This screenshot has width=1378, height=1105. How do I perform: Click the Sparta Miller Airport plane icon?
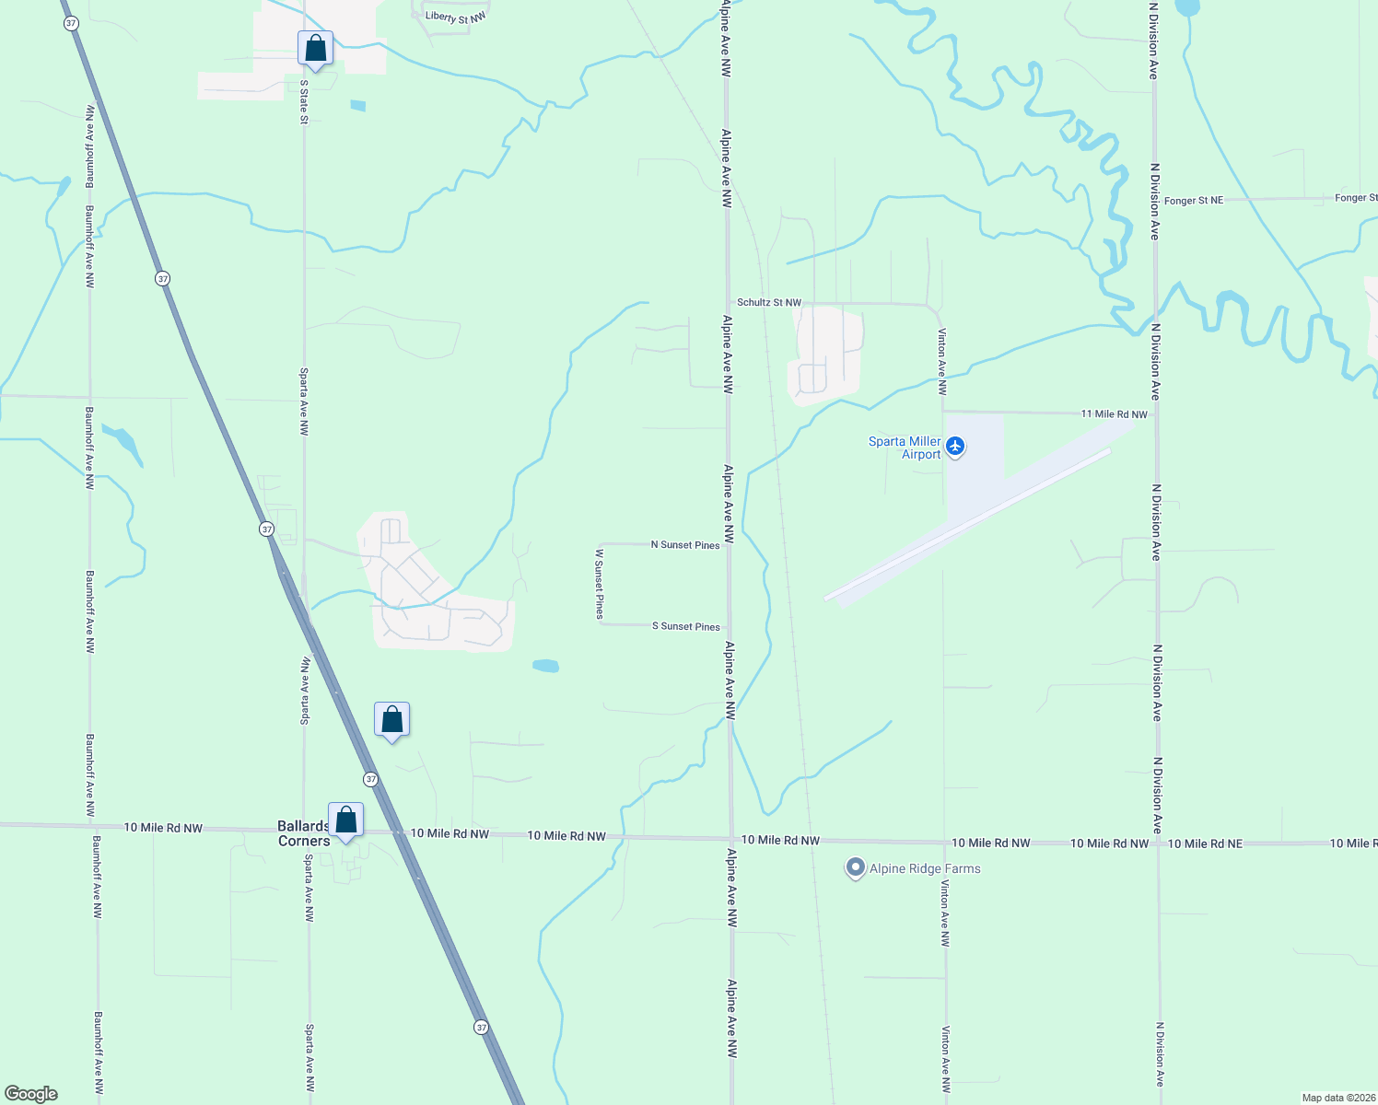tap(955, 448)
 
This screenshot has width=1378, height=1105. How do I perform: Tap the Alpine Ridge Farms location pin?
tap(856, 867)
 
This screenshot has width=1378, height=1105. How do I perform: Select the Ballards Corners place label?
tap(303, 833)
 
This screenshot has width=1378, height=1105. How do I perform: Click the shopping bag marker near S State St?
tap(315, 49)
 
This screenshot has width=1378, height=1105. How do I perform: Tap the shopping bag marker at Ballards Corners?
tap(345, 820)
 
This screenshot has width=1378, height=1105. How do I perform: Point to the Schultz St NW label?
tap(769, 302)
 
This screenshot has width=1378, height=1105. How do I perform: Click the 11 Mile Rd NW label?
tap(1114, 414)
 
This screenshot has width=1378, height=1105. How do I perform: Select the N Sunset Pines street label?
tap(685, 545)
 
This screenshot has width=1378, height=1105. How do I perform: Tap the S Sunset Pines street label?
tap(686, 626)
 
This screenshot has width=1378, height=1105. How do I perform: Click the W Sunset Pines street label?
tap(600, 584)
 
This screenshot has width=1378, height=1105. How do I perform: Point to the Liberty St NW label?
tap(455, 17)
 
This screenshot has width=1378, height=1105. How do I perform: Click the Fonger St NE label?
tap(1194, 200)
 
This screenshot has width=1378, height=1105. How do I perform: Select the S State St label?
tap(304, 101)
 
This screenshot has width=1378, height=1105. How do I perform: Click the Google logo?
tap(31, 1094)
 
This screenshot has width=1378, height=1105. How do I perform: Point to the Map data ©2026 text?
tap(1337, 1098)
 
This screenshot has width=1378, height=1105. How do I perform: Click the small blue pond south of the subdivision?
tap(545, 665)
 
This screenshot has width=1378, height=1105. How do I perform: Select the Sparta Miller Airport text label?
tap(905, 448)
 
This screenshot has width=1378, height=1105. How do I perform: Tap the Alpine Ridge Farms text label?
tap(925, 868)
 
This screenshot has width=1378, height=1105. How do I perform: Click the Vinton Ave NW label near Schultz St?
tap(942, 362)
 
